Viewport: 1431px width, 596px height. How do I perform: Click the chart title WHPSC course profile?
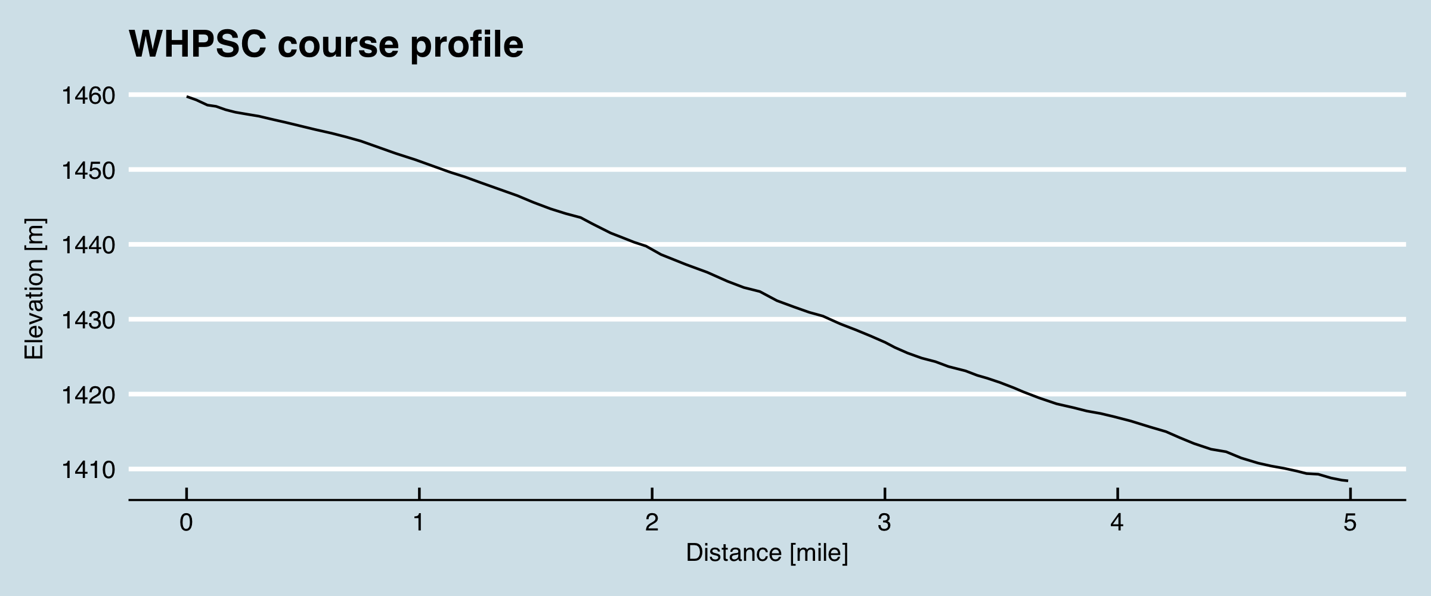click(326, 44)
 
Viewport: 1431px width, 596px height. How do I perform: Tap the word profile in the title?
click(466, 45)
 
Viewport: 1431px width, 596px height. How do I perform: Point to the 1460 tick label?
click(88, 96)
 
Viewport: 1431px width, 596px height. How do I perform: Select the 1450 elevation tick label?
click(88, 171)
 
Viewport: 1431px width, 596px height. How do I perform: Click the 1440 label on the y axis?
click(88, 246)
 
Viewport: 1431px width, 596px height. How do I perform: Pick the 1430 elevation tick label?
click(88, 321)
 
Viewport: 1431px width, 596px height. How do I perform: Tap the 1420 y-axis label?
click(88, 395)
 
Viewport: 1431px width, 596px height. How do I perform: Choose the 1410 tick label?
click(88, 470)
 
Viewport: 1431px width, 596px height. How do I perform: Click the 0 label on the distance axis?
click(187, 523)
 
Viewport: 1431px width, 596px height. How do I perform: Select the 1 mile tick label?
click(419, 523)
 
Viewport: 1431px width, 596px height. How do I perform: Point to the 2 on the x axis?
click(652, 523)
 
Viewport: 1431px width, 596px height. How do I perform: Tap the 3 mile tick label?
click(884, 523)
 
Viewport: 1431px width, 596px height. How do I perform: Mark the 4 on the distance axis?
click(1117, 523)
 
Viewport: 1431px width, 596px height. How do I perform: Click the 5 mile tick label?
click(1350, 523)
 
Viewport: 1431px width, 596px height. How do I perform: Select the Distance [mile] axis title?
click(767, 553)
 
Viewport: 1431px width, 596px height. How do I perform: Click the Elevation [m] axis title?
click(34, 289)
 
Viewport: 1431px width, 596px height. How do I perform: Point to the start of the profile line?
click(187, 97)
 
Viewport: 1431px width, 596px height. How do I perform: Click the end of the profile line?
click(1348, 481)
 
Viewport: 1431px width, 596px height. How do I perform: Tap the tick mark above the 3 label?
click(885, 494)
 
